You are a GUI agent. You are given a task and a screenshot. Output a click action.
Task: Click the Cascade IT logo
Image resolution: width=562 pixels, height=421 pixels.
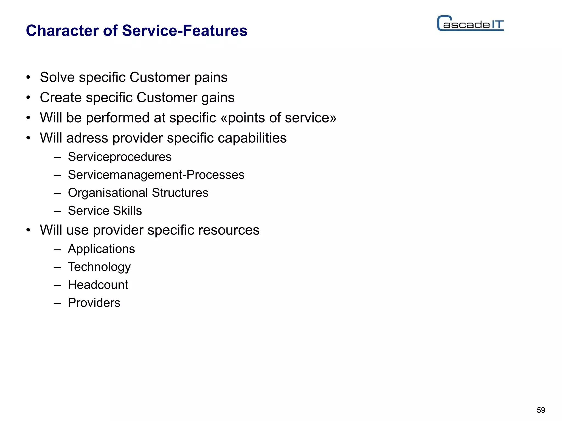pos(470,24)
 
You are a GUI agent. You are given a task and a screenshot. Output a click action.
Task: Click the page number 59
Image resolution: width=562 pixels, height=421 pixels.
pos(541,410)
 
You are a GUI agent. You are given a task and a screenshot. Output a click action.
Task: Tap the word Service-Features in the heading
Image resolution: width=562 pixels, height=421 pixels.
pos(185,30)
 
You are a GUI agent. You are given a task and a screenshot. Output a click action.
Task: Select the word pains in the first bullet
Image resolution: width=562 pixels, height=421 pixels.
pos(211,78)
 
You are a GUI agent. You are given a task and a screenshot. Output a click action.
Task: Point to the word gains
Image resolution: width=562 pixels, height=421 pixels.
pos(218,98)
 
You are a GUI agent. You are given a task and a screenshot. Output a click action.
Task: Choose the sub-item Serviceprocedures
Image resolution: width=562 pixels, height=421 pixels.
pos(120,157)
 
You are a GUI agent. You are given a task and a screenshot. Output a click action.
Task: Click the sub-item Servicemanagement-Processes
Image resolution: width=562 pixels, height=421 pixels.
pos(156,175)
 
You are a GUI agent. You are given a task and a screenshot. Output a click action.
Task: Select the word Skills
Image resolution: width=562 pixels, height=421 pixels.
pos(127,211)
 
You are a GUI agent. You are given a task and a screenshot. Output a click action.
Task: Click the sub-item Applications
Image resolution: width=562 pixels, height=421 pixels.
pos(101,249)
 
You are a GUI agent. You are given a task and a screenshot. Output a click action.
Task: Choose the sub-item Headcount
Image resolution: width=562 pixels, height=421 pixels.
pos(98,285)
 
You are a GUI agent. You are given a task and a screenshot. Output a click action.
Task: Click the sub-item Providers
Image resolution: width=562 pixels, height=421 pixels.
pos(94,303)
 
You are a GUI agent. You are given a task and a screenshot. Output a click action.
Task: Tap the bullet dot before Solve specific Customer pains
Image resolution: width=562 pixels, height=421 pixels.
pos(28,77)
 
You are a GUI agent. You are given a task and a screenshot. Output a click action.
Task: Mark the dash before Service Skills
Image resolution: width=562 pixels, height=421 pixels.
pos(57,211)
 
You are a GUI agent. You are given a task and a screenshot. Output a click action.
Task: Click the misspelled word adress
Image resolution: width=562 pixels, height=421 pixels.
pos(87,138)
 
